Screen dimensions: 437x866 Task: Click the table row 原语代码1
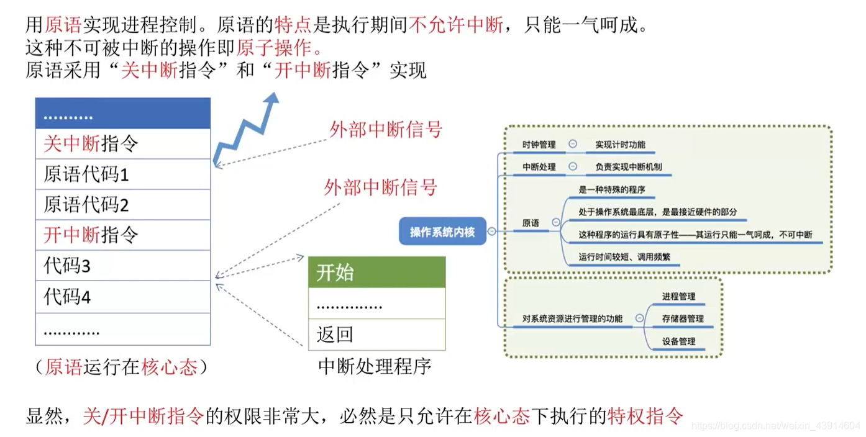(x=122, y=174)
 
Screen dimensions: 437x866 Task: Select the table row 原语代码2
(x=122, y=205)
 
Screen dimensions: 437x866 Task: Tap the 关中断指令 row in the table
(x=122, y=144)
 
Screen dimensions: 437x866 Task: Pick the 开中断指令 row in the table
(x=122, y=235)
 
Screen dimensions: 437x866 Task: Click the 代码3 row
(x=122, y=266)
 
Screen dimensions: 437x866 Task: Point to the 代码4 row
(x=122, y=296)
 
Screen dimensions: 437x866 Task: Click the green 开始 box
(x=376, y=272)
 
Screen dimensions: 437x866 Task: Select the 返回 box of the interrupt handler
(x=376, y=335)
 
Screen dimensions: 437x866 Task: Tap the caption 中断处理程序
(x=375, y=366)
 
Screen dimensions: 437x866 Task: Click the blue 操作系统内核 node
(x=442, y=232)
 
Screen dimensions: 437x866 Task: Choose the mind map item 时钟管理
(x=539, y=145)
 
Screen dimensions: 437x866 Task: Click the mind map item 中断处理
(x=539, y=167)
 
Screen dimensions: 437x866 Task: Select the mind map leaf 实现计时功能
(x=620, y=145)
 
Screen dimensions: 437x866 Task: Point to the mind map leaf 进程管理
(x=678, y=297)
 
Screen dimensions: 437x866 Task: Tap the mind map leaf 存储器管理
(x=682, y=319)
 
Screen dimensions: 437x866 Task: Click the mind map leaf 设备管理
(x=678, y=341)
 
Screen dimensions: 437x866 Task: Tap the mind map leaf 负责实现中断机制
(x=628, y=167)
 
